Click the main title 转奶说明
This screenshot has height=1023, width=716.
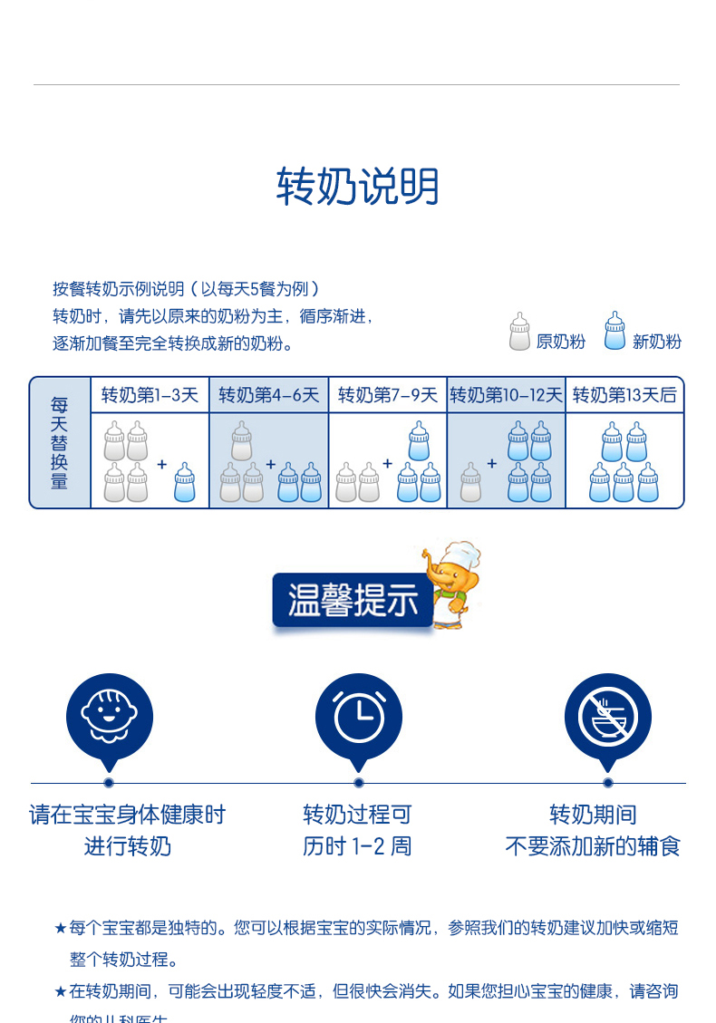tap(357, 187)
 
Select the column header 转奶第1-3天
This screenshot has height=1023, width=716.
tap(150, 395)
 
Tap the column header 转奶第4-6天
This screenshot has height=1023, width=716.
tap(268, 395)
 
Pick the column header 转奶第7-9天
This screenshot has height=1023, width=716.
tap(387, 395)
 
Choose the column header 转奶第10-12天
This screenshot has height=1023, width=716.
tap(506, 395)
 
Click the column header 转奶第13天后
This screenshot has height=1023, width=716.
tap(624, 395)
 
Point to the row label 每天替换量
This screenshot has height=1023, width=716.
tap(60, 443)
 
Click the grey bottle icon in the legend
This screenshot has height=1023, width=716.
tap(519, 332)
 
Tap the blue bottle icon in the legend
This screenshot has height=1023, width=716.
tap(615, 332)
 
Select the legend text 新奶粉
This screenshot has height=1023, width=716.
tap(656, 342)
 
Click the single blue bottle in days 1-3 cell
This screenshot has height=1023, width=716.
tap(185, 482)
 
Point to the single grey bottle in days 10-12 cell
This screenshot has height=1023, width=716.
tap(470, 482)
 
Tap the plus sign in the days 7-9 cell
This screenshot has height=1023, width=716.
tap(387, 463)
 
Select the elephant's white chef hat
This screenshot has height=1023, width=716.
tap(461, 555)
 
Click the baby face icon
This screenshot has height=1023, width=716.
tap(109, 716)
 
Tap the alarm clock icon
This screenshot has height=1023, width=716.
tap(358, 718)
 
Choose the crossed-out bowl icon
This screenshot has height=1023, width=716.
tap(607, 716)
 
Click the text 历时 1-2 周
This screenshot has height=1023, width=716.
tap(357, 846)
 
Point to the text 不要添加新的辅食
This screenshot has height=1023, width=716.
tap(593, 846)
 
